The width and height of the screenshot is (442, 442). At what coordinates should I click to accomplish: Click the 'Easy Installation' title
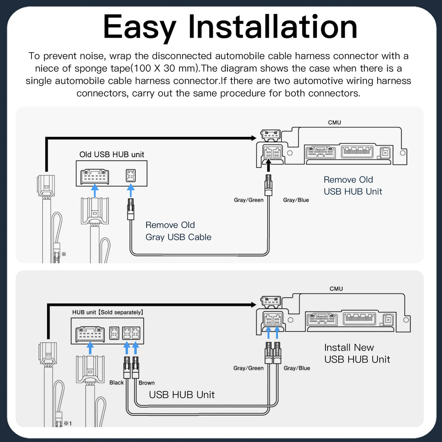pyautogui.click(x=230, y=27)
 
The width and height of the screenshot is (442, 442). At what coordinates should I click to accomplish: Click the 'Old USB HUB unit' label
pyautogui.click(x=112, y=154)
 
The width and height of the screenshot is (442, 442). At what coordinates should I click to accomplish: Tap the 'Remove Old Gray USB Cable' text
pyautogui.click(x=178, y=231)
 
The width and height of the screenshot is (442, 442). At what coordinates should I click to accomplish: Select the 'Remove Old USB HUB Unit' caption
pyautogui.click(x=353, y=186)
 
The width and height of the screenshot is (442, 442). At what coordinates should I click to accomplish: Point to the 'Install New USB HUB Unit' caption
pyautogui.click(x=357, y=353)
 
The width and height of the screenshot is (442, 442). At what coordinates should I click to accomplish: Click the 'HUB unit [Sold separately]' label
pyautogui.click(x=107, y=312)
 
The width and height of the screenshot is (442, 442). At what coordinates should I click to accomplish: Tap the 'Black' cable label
pyautogui.click(x=117, y=382)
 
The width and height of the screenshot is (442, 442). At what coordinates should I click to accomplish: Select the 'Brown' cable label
pyautogui.click(x=147, y=383)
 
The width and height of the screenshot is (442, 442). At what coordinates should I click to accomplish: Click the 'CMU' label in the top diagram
pyautogui.click(x=334, y=123)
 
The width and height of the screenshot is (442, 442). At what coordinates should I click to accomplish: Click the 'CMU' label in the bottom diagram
pyautogui.click(x=336, y=289)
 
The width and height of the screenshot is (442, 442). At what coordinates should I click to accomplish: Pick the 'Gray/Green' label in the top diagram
pyautogui.click(x=249, y=200)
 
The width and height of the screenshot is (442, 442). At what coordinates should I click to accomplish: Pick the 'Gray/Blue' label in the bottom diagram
pyautogui.click(x=297, y=368)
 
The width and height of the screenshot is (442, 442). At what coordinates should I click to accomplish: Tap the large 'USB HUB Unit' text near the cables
pyautogui.click(x=182, y=395)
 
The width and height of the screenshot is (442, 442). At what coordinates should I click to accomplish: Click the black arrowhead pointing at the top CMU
pyautogui.click(x=254, y=138)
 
